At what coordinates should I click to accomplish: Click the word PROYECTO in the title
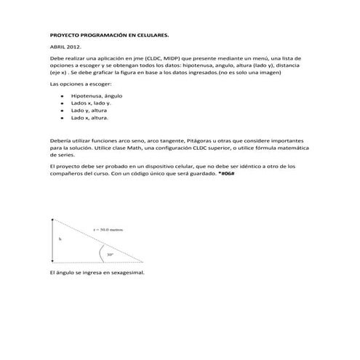tap(63, 34)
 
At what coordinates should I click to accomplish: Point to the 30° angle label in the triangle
tap(110, 255)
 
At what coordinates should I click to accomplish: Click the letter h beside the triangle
tap(60, 239)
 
